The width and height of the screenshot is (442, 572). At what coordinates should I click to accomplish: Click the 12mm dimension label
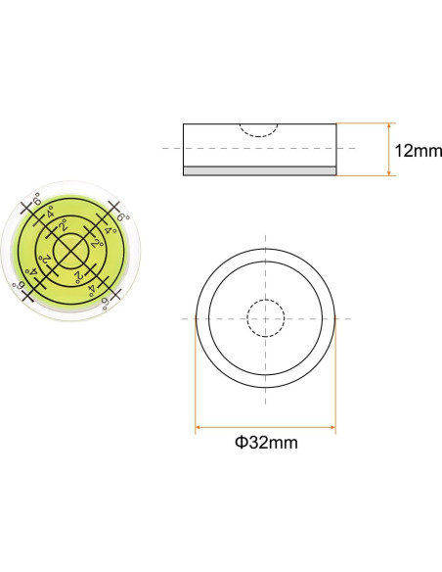pyautogui.click(x=418, y=150)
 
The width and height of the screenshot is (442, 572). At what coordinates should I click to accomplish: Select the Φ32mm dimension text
pyautogui.click(x=266, y=443)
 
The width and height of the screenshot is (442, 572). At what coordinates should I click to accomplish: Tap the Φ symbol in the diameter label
pyautogui.click(x=241, y=443)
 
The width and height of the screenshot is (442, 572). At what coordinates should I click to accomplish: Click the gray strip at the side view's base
pyautogui.click(x=259, y=170)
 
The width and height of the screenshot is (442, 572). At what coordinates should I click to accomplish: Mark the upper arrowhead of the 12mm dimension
pyautogui.click(x=389, y=126)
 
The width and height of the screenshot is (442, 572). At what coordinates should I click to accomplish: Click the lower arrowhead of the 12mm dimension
pyautogui.click(x=389, y=172)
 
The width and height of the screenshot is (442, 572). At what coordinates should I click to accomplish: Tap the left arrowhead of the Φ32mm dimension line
pyautogui.click(x=199, y=427)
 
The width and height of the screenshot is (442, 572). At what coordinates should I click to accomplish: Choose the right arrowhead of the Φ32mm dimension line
pyautogui.click(x=332, y=427)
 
